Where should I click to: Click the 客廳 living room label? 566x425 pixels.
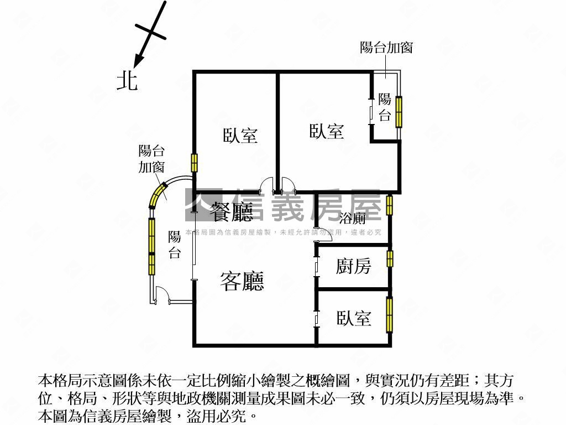pos(242,281)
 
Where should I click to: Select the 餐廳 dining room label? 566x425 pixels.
pos(232,210)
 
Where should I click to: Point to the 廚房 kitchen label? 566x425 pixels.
pos(353,267)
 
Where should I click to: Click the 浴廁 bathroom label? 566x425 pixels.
pos(352,218)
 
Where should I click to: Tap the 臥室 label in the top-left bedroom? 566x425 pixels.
pos(240,136)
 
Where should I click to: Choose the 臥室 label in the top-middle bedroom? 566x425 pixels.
pos(326,132)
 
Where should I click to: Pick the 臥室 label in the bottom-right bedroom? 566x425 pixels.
pos(354,318)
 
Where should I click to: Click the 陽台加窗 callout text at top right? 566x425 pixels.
pos(386,48)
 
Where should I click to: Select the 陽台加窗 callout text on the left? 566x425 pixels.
pos(151,158)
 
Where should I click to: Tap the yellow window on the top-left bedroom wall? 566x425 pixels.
pos(195,163)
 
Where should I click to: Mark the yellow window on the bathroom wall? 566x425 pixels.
pos(390,205)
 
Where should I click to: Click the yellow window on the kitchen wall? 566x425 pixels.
pos(390,258)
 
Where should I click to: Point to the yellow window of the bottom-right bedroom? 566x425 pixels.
pos(390,314)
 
